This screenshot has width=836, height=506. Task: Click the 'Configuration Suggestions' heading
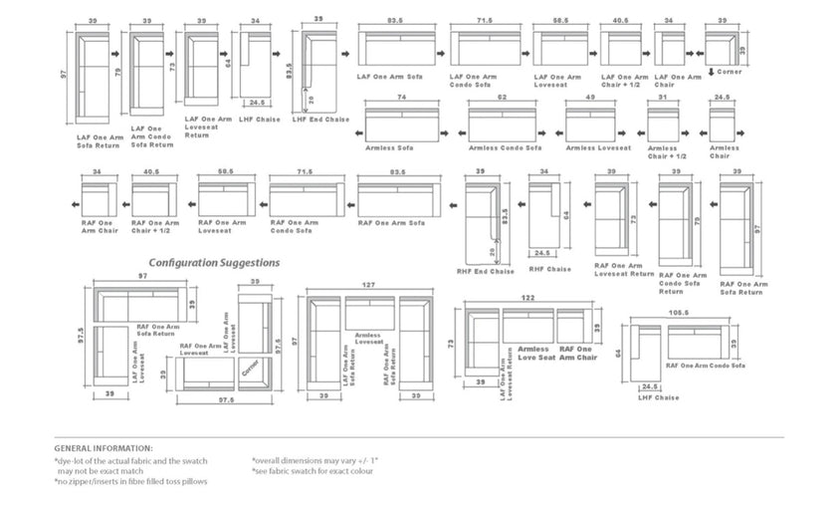click(x=214, y=263)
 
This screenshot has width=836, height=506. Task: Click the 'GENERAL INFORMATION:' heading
click(x=104, y=448)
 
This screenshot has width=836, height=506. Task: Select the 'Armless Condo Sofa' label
click(x=505, y=147)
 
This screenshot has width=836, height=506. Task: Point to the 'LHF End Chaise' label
click(x=320, y=120)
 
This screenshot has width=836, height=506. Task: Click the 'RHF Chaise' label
click(x=548, y=268)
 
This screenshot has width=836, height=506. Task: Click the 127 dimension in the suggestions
click(x=370, y=285)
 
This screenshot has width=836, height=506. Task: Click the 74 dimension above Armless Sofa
click(x=401, y=98)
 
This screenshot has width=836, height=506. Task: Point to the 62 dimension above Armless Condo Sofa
click(x=503, y=98)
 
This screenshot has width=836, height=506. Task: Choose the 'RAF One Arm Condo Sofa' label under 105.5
click(x=706, y=366)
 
